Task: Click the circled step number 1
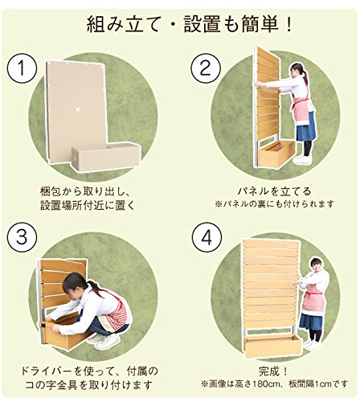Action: tap(22, 68)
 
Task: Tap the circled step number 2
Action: tap(206, 68)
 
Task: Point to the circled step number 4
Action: tap(207, 236)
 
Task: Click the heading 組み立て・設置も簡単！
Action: tap(189, 25)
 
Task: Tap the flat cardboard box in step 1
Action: tap(76, 110)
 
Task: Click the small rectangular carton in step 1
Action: tap(106, 156)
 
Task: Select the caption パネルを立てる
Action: tap(275, 191)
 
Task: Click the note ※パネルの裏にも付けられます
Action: tap(275, 204)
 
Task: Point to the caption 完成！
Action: tap(273, 371)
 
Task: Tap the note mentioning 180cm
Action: tap(275, 384)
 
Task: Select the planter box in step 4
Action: tap(272, 347)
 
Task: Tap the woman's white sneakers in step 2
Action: tap(303, 159)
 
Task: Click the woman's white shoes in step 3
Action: tap(104, 340)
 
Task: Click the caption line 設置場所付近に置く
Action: tap(87, 205)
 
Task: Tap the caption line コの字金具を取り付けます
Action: tap(88, 385)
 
